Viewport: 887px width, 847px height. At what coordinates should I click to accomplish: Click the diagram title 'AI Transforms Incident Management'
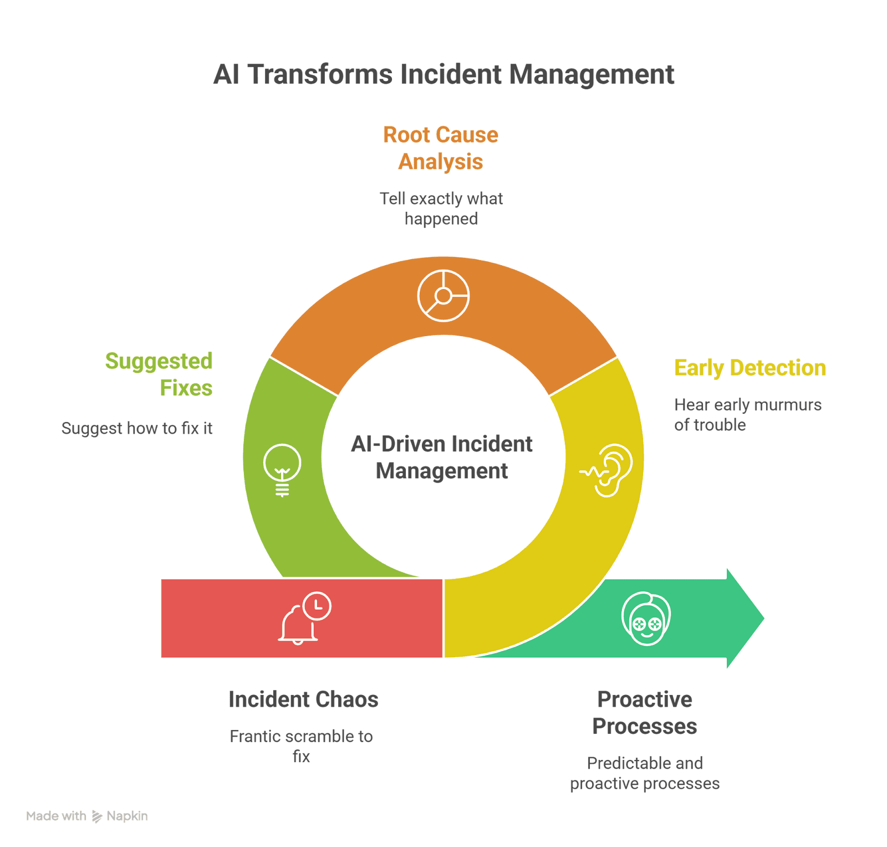443,74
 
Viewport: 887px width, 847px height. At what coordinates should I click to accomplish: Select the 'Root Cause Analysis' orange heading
441,148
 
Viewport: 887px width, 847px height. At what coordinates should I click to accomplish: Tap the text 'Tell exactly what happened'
441,209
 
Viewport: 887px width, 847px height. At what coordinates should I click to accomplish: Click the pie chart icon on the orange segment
443,296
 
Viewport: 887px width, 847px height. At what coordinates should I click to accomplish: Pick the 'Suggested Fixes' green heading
159,374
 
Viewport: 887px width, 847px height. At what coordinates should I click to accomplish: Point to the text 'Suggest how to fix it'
137,428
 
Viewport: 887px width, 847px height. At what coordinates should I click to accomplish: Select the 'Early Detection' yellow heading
750,368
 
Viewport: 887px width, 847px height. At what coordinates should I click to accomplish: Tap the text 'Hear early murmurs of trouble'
748,415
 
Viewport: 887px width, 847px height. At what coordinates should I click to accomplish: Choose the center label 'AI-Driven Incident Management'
442,457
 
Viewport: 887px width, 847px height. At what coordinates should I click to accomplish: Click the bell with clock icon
304,618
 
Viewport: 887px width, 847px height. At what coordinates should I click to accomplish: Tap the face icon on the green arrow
646,618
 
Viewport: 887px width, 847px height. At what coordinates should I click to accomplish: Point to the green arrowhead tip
765,618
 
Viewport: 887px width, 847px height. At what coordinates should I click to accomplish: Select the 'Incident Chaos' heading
303,699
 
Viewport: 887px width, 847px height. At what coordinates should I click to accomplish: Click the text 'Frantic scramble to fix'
301,746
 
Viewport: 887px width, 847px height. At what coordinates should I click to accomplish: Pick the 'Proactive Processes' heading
645,713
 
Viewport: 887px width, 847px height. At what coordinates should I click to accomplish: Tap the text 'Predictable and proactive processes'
645,773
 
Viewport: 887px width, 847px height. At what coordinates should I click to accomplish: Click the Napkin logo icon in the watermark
97,816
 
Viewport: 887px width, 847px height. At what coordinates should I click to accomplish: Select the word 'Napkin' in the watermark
127,816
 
